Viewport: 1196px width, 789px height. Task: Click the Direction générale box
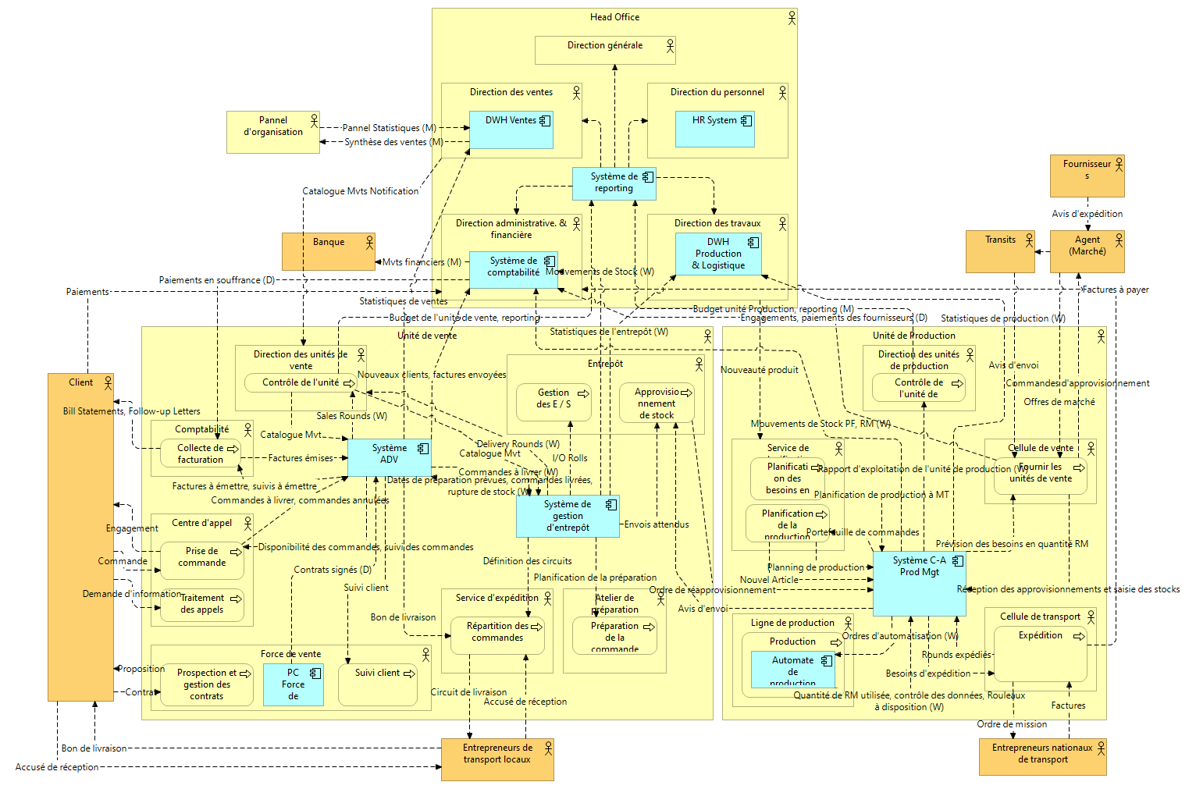(x=605, y=50)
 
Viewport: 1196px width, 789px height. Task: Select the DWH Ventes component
(x=511, y=130)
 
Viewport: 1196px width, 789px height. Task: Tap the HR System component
(x=714, y=130)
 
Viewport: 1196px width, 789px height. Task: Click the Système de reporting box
(x=614, y=183)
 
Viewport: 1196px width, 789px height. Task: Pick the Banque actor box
(x=329, y=251)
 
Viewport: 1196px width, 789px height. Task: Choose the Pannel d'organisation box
(x=273, y=132)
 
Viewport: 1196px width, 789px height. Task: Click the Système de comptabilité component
(x=513, y=269)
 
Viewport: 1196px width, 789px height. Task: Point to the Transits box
(x=1000, y=251)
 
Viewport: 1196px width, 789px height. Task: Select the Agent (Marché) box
(x=1087, y=251)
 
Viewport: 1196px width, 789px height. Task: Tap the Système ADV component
(x=389, y=457)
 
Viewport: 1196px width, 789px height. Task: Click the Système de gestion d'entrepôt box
(x=568, y=516)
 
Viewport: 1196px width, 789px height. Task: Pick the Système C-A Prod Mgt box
(x=919, y=584)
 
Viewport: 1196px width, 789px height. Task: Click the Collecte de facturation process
(x=201, y=453)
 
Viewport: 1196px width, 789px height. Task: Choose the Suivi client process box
(x=378, y=684)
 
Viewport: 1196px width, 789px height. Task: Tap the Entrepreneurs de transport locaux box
(x=497, y=759)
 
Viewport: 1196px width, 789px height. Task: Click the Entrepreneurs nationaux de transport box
(x=1042, y=756)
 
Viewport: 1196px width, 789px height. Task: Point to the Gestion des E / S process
(x=554, y=401)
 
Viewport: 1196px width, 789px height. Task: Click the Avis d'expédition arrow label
(x=1087, y=214)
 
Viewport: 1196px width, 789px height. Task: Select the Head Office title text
(x=614, y=17)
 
